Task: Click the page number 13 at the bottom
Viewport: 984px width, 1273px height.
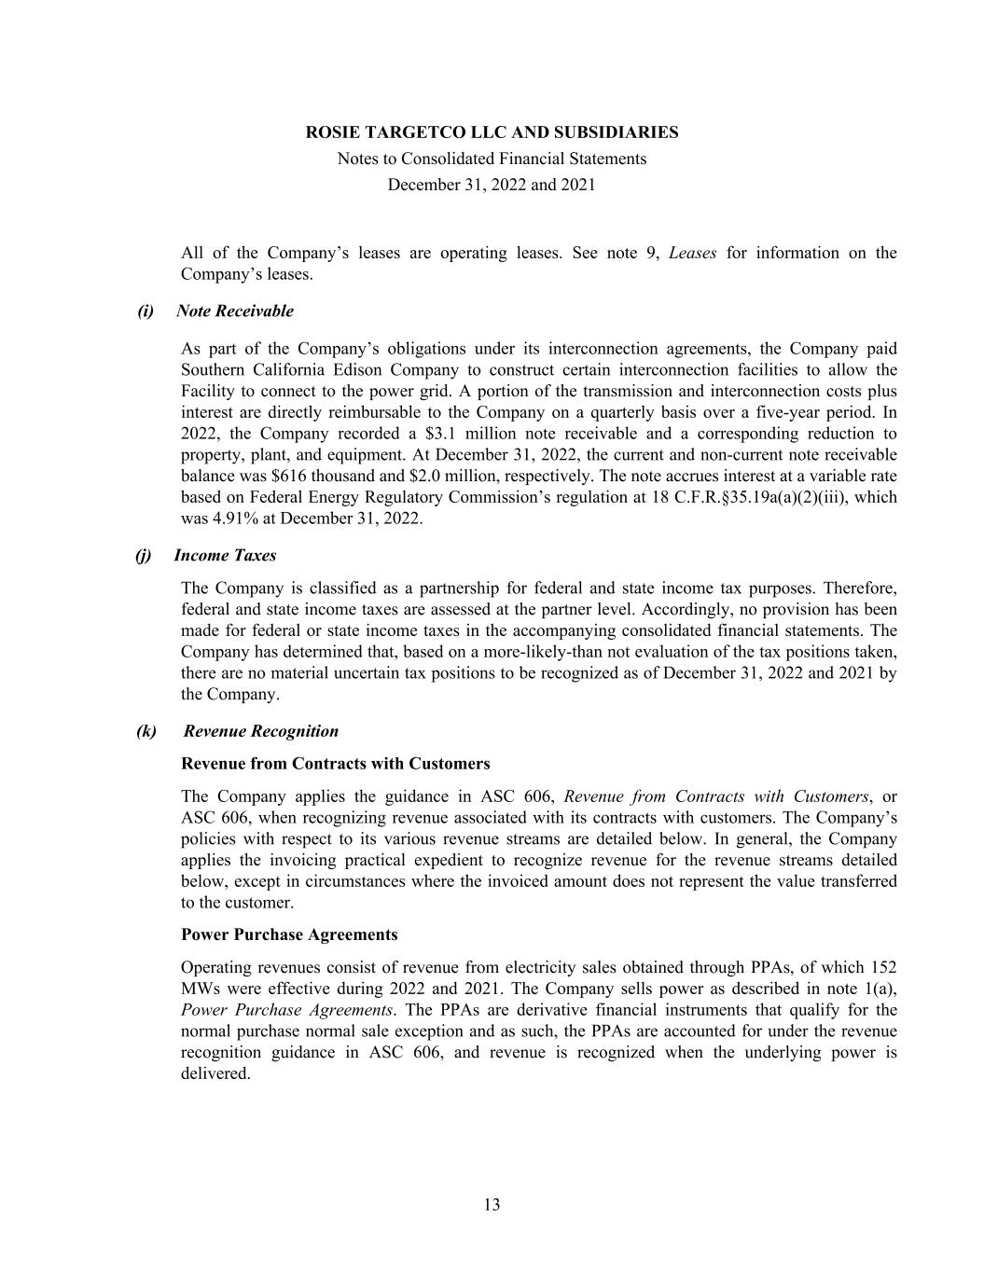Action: click(492, 1205)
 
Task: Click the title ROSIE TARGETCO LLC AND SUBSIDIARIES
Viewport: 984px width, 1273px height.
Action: click(492, 132)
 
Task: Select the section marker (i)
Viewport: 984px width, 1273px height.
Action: click(146, 311)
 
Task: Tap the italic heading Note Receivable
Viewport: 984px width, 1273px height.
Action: click(234, 311)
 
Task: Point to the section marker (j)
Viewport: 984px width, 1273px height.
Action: click(143, 556)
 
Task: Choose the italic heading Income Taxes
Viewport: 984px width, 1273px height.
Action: click(225, 556)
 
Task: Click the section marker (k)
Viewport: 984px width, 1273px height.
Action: click(146, 731)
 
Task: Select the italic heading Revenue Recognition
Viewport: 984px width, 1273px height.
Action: click(261, 731)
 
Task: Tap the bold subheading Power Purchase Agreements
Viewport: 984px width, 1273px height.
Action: click(289, 934)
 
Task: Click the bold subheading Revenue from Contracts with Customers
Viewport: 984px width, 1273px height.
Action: click(335, 764)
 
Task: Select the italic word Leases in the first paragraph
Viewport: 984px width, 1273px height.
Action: click(692, 254)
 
